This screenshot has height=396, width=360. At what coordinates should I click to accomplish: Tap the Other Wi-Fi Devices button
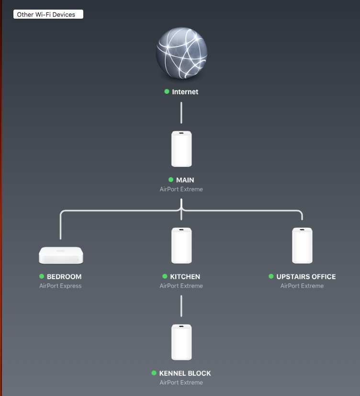[48, 14]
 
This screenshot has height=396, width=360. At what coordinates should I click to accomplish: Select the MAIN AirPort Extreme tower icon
[181, 149]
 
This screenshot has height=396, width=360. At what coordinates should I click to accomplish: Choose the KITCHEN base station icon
[181, 246]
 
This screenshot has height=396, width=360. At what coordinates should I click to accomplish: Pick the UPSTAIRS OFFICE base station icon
[302, 246]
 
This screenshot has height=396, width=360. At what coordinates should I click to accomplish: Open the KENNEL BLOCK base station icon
[181, 342]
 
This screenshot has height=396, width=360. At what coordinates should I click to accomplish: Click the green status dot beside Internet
[167, 91]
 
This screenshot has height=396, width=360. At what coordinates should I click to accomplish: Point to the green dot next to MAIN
[171, 180]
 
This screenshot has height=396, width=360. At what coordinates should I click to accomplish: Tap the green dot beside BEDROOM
[42, 277]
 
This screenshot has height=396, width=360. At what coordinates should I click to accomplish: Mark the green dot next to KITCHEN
[165, 277]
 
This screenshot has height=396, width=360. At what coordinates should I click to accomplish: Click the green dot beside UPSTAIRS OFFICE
[271, 277]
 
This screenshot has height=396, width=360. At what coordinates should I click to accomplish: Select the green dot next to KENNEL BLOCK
[154, 373]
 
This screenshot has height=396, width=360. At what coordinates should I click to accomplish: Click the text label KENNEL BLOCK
[185, 373]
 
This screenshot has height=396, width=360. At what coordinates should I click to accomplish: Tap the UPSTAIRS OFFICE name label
[306, 277]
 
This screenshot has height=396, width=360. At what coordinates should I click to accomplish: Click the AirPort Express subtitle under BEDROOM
[60, 286]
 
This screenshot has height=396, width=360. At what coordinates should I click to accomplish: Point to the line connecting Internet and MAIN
[181, 113]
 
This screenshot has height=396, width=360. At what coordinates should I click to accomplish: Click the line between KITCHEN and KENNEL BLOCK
[181, 305]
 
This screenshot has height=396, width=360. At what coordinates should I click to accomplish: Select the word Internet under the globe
[185, 91]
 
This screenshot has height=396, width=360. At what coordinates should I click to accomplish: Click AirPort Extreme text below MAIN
[181, 189]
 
